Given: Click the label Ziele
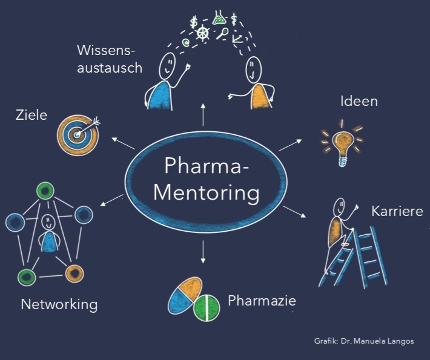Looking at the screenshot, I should (31, 114).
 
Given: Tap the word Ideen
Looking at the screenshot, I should (359, 100).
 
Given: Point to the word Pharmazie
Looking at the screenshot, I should (262, 300).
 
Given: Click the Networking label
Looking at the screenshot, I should (59, 304).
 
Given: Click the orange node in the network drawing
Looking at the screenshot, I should (74, 273).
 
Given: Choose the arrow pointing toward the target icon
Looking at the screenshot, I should (123, 143).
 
